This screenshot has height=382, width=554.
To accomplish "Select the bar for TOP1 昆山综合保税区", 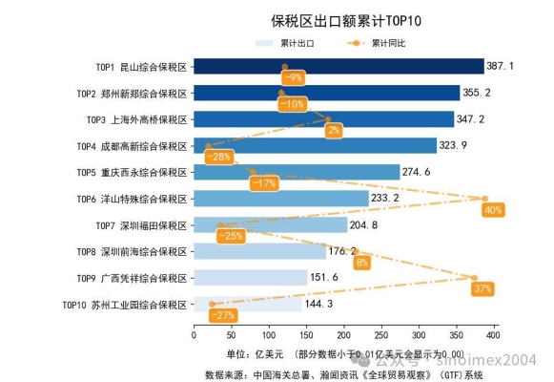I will click(x=339, y=66).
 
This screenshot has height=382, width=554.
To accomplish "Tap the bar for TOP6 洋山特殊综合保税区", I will click(x=280, y=199).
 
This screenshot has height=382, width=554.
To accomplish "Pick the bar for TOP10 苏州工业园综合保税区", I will click(x=247, y=305).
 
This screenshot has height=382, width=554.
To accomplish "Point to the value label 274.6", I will click(x=417, y=172).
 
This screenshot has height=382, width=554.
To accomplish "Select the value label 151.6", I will click(x=324, y=278).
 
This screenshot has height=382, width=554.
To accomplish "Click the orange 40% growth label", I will click(x=493, y=209).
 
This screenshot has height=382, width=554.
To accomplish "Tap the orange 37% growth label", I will click(x=482, y=288).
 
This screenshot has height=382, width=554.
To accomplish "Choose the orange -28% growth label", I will click(x=218, y=157).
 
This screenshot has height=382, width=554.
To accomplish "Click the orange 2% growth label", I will click(x=333, y=130).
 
